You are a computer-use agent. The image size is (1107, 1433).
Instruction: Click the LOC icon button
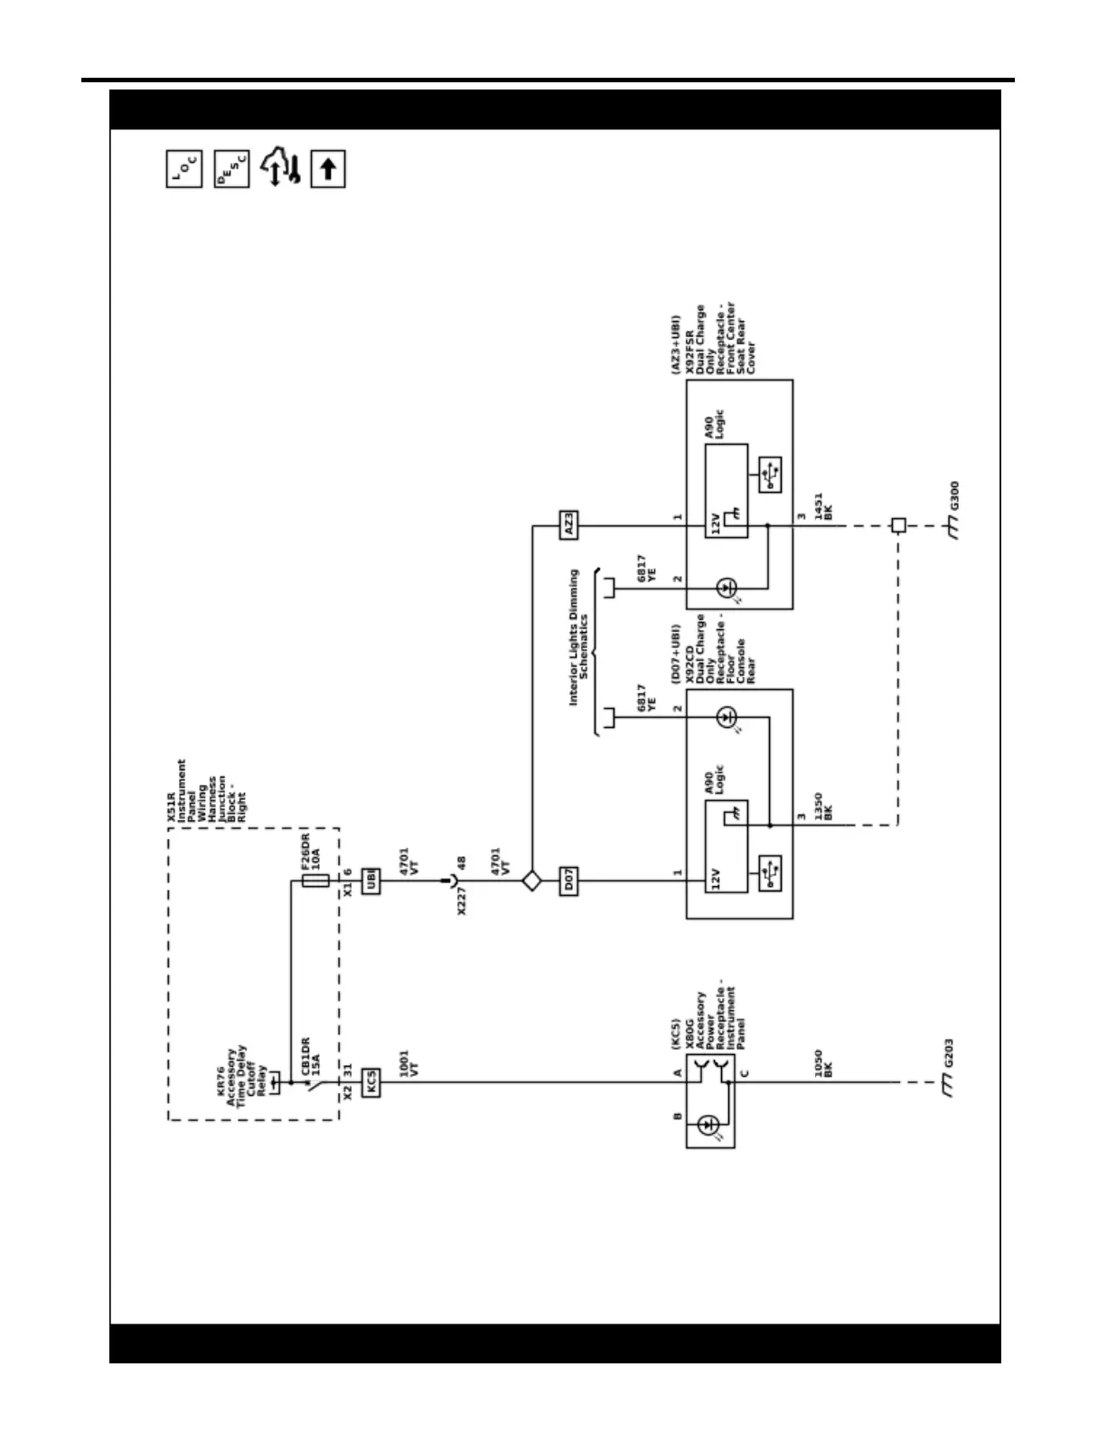pyautogui.click(x=183, y=169)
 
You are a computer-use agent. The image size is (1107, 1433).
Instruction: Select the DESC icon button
pyautogui.click(x=232, y=169)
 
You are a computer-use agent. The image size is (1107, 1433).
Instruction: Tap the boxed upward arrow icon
pyautogui.click(x=328, y=169)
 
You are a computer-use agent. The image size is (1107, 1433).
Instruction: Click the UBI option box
pyautogui.click(x=371, y=881)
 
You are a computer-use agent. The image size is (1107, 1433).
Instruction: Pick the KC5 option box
pyautogui.click(x=371, y=1082)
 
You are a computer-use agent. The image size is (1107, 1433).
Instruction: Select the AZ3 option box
pyautogui.click(x=568, y=524)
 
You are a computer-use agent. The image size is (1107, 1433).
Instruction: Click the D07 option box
pyautogui.click(x=568, y=881)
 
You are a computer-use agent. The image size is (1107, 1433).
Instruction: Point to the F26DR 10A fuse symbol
pyautogui.click(x=315, y=881)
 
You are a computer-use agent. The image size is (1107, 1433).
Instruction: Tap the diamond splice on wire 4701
pyautogui.click(x=531, y=881)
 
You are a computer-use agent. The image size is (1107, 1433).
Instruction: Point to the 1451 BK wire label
pyautogui.click(x=822, y=505)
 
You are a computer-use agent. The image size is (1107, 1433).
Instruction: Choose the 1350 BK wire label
pyautogui.click(x=822, y=806)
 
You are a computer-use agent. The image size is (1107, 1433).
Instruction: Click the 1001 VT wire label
pyautogui.click(x=408, y=1063)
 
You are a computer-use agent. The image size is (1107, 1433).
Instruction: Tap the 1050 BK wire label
pyautogui.click(x=822, y=1063)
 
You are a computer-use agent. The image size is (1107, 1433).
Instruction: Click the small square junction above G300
pyautogui.click(x=898, y=524)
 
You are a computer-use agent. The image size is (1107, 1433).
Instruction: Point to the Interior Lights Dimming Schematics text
pyautogui.click(x=578, y=637)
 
